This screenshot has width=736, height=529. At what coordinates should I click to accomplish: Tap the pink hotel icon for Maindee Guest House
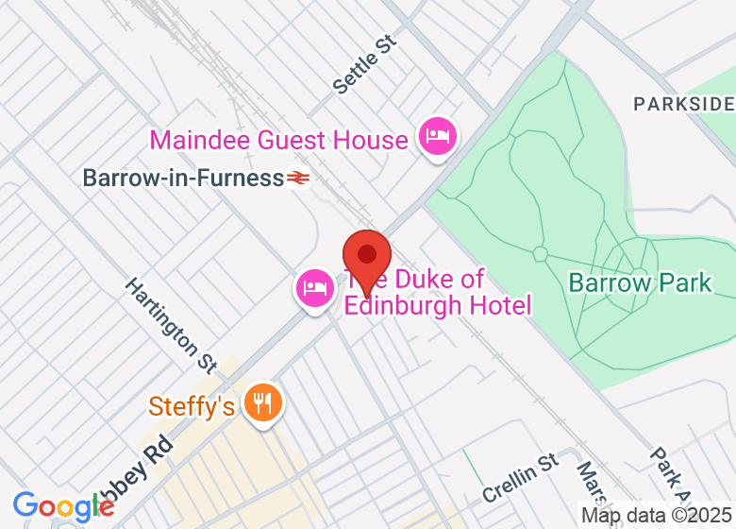pos(437,135)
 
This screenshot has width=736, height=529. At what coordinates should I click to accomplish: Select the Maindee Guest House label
pos(279,141)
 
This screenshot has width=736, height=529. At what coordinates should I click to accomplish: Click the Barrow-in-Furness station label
pos(183,178)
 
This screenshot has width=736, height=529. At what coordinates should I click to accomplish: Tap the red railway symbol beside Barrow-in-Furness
pos(299,178)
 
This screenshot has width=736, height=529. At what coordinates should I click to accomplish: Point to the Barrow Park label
pos(640,282)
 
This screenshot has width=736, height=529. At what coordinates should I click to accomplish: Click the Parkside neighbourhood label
pos(683,103)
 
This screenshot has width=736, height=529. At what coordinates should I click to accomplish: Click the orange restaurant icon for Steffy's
pos(262,402)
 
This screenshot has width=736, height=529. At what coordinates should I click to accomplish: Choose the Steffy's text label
pos(192,407)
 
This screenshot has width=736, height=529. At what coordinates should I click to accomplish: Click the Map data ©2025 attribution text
pos(657,516)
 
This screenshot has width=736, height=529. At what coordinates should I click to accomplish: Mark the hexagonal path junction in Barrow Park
pos(540,253)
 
